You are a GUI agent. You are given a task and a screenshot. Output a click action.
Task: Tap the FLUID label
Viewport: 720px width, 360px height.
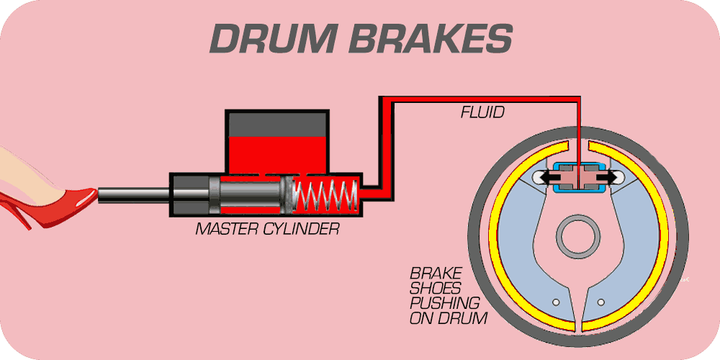(x=482, y=112)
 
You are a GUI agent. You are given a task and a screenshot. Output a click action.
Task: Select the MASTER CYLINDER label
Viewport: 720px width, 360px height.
(x=267, y=230)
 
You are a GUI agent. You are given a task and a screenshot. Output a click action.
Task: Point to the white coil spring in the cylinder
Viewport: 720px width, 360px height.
(x=328, y=194)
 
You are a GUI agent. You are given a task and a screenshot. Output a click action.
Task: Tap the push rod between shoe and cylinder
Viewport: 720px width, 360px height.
(x=133, y=193)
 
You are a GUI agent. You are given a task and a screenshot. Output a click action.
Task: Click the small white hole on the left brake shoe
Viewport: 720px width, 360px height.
(x=554, y=300)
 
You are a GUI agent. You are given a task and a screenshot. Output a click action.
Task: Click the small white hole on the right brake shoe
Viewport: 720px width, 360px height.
(x=602, y=300)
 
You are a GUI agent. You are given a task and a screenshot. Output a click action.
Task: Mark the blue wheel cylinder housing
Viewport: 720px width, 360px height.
(x=578, y=188)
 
